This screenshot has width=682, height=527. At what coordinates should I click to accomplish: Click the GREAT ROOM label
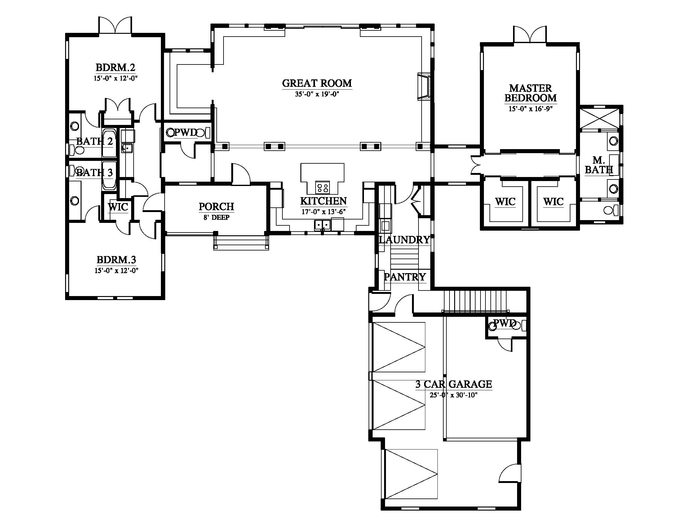point(317,83)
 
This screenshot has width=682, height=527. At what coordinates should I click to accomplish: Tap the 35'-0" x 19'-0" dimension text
point(317,94)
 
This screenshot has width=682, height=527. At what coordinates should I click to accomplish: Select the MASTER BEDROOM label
point(530,93)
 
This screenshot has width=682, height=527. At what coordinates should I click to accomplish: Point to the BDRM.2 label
point(115,68)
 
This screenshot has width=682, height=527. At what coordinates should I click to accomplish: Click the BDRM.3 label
point(116,260)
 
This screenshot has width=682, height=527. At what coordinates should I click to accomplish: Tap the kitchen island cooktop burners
point(322,188)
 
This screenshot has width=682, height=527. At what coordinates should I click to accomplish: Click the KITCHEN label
point(324,201)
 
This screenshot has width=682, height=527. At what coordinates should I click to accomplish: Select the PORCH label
point(216,206)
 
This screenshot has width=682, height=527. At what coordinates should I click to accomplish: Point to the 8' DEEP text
point(216,217)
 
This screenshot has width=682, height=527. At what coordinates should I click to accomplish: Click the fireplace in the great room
point(424,87)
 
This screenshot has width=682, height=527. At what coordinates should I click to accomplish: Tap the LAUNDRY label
point(404,240)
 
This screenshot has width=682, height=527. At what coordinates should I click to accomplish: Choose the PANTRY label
point(405,277)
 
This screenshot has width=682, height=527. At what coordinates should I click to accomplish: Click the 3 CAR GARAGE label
point(454,384)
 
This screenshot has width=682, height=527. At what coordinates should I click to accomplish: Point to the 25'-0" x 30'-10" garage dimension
point(454,395)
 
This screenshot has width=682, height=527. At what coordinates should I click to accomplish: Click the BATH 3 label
point(94,172)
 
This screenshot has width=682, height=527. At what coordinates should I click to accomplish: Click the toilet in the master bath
point(611,210)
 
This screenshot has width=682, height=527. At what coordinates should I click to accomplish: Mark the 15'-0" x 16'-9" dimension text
point(530,108)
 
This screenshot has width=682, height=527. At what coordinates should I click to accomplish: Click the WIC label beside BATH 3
point(118,207)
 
